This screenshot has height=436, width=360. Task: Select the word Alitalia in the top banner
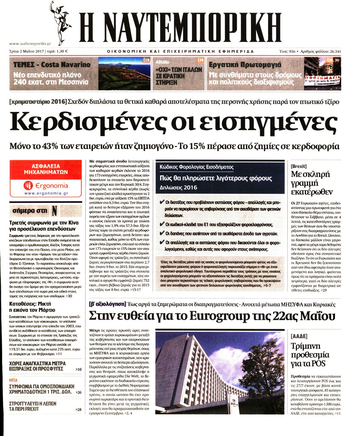162,62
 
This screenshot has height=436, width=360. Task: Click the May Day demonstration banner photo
322,73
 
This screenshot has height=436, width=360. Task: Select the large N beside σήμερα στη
54,210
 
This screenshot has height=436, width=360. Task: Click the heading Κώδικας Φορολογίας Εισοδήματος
197,167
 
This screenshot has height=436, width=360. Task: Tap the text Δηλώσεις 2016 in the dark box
178,187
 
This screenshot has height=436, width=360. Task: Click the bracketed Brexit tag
298,166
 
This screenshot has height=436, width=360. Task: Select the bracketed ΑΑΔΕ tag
299,336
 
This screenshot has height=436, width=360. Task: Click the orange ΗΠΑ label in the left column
13,380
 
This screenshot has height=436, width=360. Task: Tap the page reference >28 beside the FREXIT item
78,409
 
